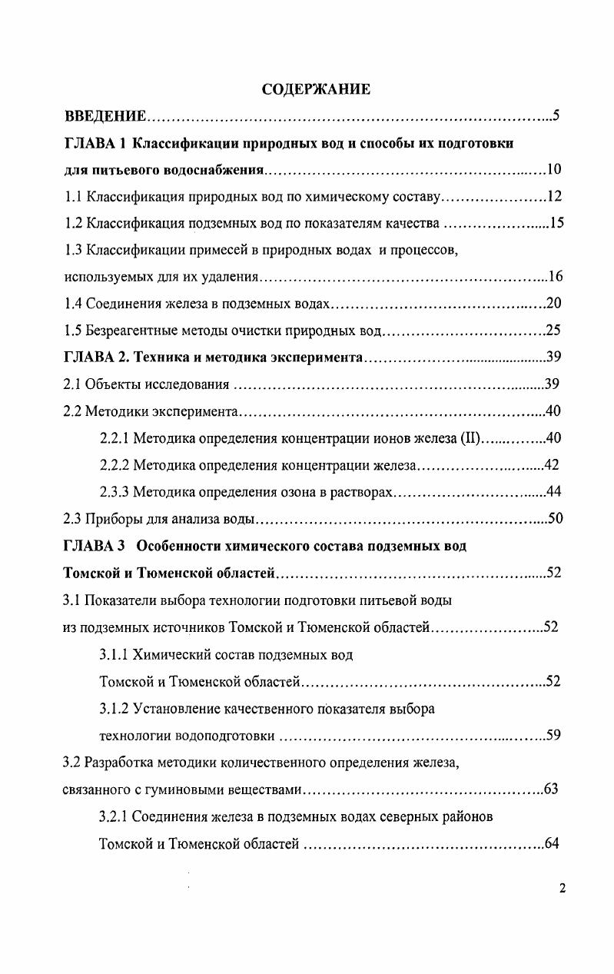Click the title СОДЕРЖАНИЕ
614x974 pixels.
[316, 90]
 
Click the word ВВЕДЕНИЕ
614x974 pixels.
[105, 117]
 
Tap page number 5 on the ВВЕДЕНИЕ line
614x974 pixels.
[556, 117]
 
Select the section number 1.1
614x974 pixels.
[73, 197]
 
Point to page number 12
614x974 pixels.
[554, 197]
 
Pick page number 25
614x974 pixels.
[553, 331]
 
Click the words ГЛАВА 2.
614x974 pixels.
[94, 357]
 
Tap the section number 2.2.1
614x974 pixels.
[115, 438]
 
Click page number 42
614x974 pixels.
[551, 465]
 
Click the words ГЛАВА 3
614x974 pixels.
[94, 546]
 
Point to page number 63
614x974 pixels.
[550, 790]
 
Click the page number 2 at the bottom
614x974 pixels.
[563, 889]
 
